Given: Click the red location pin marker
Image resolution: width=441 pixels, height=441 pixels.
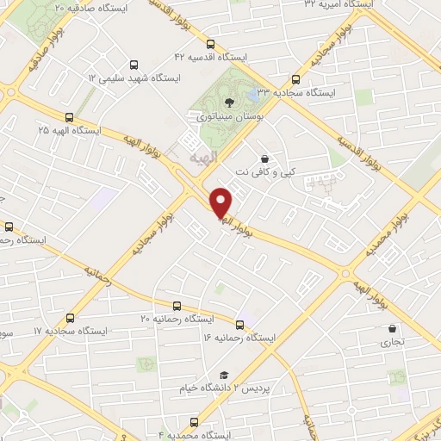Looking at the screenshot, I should coord(221,202).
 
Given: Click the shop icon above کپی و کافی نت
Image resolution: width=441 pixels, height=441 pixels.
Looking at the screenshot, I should coord(264,158).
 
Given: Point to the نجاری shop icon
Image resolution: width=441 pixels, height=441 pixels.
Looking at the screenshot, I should coord(394,328).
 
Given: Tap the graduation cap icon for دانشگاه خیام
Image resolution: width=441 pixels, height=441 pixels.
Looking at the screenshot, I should coord(224,375).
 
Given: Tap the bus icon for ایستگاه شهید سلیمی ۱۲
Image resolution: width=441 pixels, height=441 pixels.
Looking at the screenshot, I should coord(133,64).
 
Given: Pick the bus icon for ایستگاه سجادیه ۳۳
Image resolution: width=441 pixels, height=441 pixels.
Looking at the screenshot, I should coord(295,77).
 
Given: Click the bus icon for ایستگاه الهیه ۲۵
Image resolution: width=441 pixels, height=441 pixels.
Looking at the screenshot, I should coord(68,117).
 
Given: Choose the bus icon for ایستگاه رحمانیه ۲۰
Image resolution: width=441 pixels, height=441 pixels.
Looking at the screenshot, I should coord(177,305).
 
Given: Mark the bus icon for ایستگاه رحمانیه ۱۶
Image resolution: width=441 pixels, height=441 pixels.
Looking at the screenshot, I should coord(239,325).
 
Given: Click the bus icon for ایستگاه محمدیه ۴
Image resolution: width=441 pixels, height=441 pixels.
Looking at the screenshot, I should coord(194,422).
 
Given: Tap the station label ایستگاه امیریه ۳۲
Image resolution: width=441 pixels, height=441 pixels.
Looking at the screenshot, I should coord(334,5).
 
